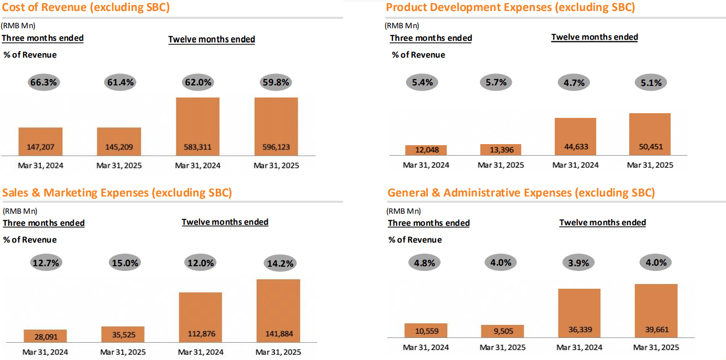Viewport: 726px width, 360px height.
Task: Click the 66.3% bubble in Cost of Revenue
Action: coord(44,82)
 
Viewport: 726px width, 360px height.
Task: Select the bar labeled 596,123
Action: coord(276,126)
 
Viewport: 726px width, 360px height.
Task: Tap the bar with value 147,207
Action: coord(40,141)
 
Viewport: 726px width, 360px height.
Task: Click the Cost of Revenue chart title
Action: coord(86,7)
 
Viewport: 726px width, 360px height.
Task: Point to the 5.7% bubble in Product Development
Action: coord(496,82)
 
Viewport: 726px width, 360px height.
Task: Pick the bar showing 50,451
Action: coord(650,134)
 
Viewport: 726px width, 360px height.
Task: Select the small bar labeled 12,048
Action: coord(426,150)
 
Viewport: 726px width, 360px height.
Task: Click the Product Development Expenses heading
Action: coord(510,7)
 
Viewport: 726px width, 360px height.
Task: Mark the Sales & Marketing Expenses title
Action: coord(117,192)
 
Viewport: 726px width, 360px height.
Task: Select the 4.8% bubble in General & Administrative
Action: coord(424,263)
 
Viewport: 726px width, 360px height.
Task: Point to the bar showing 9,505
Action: coord(502,331)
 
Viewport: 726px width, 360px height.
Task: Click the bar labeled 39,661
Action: coord(656,311)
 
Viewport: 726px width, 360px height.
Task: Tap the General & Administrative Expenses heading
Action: coord(521,192)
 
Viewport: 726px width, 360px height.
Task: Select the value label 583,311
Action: coord(197,147)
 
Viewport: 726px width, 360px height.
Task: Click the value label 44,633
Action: coord(575,147)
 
